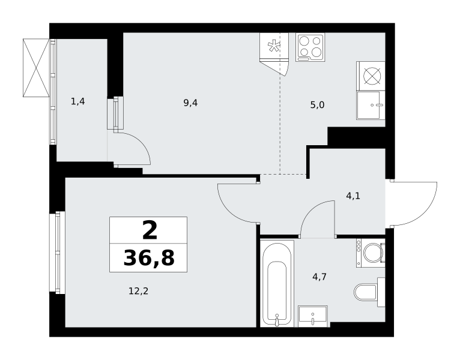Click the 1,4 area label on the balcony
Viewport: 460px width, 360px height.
[x=77, y=101]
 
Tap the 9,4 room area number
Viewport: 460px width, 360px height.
[x=190, y=103]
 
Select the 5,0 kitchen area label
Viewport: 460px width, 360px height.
[x=318, y=105]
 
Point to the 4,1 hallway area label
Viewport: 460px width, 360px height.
[x=353, y=196]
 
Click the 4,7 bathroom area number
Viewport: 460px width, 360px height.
[x=319, y=277]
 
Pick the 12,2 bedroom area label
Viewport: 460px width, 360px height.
[x=139, y=291]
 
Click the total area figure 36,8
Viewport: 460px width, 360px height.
[x=149, y=258]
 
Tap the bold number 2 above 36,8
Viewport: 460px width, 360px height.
[x=150, y=230]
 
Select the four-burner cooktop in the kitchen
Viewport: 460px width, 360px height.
[x=310, y=47]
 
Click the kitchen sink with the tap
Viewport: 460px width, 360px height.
[x=371, y=105]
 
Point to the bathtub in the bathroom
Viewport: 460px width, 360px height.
[x=277, y=283]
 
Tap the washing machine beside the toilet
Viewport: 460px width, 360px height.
[x=371, y=253]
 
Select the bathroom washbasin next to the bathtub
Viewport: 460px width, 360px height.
[x=313, y=316]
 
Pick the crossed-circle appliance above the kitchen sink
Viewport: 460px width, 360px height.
[x=371, y=76]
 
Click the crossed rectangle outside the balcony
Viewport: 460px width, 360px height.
[x=37, y=68]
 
